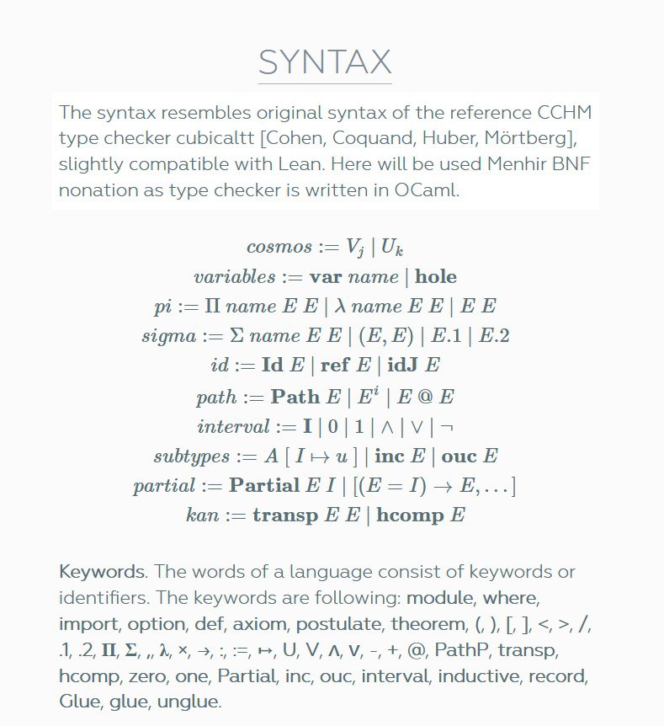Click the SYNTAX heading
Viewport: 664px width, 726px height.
(x=325, y=62)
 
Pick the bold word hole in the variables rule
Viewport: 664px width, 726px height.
(x=436, y=277)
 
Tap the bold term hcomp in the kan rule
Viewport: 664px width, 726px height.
(x=409, y=515)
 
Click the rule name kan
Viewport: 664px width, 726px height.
(x=202, y=515)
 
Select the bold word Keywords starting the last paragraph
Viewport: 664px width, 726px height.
(x=102, y=572)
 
